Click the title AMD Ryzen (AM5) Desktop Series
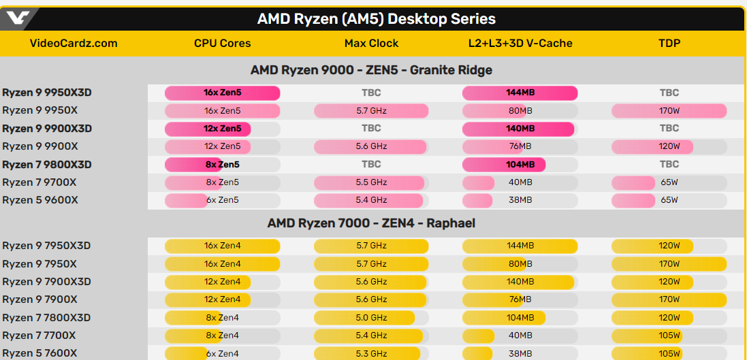click(377, 19)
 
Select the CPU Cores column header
click(222, 44)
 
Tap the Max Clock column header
click(371, 44)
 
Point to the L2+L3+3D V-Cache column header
click(520, 44)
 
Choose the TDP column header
click(669, 44)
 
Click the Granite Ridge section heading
click(371, 70)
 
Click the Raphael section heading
click(371, 223)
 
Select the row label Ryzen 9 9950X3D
click(47, 93)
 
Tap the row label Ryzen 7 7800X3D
click(47, 318)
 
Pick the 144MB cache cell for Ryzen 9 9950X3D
click(520, 93)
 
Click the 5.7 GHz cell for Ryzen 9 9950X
click(371, 110)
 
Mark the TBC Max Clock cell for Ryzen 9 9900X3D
click(371, 128)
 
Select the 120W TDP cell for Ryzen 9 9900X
click(669, 146)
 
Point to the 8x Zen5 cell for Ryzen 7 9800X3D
click(222, 164)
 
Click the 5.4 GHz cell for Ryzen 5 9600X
click(371, 200)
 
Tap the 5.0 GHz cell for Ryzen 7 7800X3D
click(371, 318)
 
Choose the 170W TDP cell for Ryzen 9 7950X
click(669, 264)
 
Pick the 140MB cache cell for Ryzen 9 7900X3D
click(520, 282)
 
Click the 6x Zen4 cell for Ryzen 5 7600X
click(222, 353)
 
